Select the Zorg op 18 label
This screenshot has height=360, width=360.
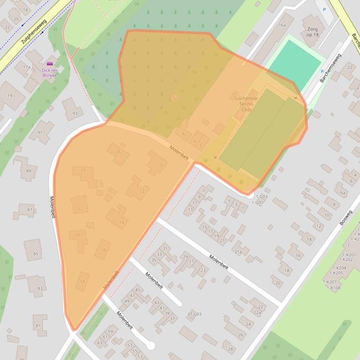pyautogui.click(x=312, y=32)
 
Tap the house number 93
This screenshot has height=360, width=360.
pyautogui.click(x=75, y=114)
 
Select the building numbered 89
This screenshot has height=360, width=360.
pyautogui.click(x=29, y=171)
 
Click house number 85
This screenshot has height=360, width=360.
pyautogui.click(x=36, y=254)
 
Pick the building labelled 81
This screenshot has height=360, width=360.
pyautogui.click(x=38, y=325)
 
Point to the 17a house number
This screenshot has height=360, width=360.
pyautogui.click(x=27, y=67)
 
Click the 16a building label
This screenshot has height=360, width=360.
pyautogui.click(x=282, y=25)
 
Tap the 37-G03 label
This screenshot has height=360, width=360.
pyautogui.click(x=194, y=314)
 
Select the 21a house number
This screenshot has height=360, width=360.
pyautogui.click(x=238, y=252)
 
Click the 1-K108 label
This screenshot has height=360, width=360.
pyautogui.click(x=333, y=288)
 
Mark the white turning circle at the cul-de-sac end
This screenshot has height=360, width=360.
pyautogui.click(x=150, y=346)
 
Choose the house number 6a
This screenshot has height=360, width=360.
pyautogui.click(x=343, y=193)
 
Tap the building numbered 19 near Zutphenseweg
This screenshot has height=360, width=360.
pyautogui.click(x=10, y=96)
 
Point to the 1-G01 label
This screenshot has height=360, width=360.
pyautogui.click(x=257, y=202)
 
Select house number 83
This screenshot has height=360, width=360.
pyautogui.click(x=40, y=288)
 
